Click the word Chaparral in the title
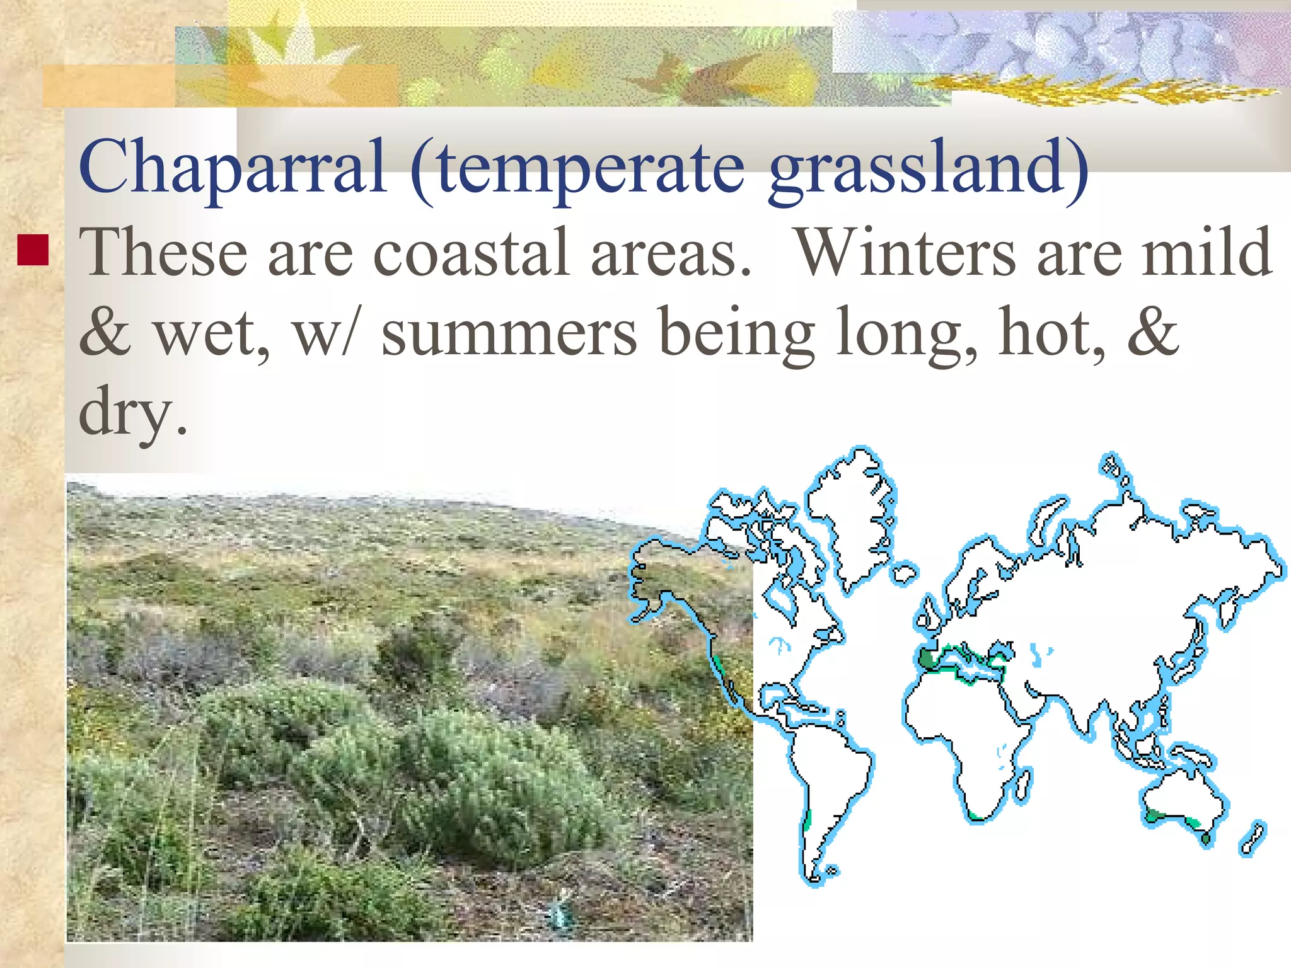232,167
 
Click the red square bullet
33,250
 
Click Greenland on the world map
851,517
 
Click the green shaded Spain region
929,658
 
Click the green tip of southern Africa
978,817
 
